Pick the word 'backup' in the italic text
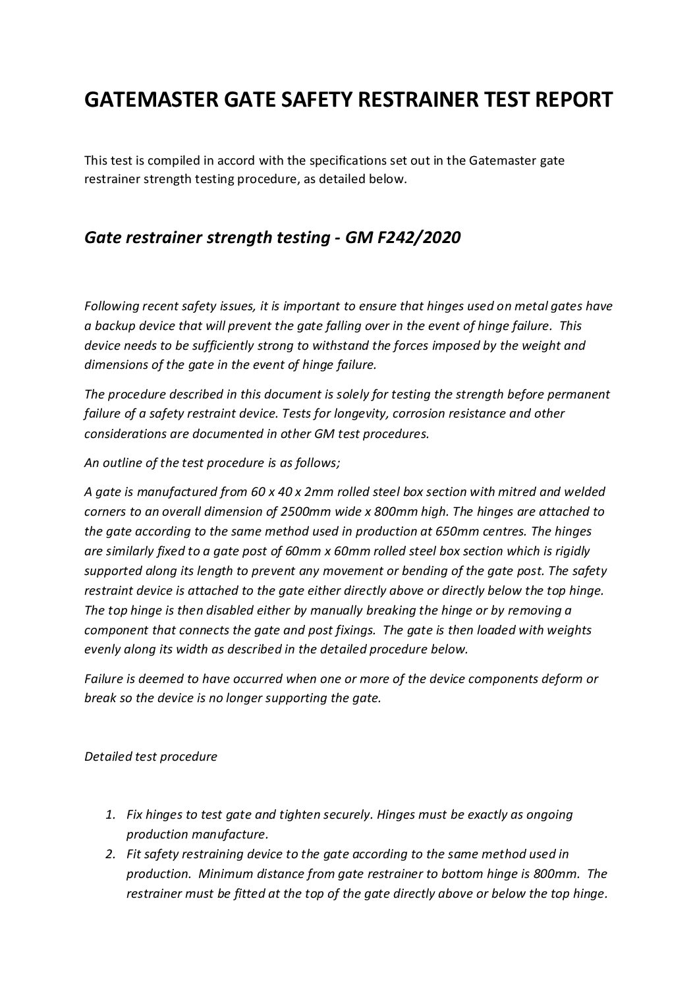point(115,325)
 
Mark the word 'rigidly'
point(571,551)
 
